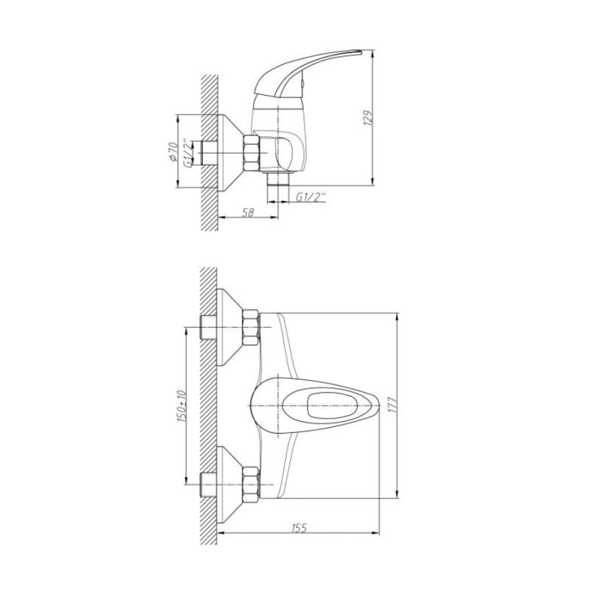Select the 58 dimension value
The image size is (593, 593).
coord(248,213)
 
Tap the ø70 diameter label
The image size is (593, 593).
coord(173,152)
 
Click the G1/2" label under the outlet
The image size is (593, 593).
coord(311,197)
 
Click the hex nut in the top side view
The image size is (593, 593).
coord(252,153)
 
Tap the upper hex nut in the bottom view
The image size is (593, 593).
coord(251,327)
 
